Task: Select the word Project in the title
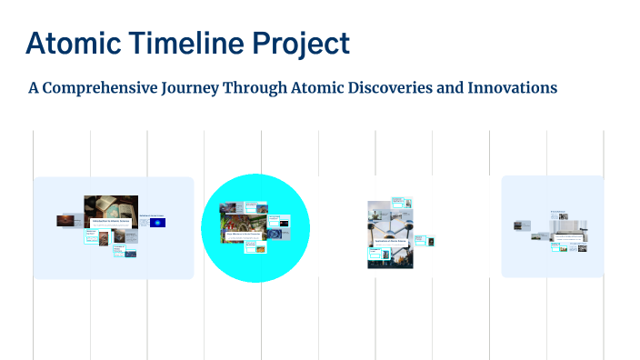pos(301,45)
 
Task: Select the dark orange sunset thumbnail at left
pos(65,220)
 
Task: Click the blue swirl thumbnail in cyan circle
pos(285,221)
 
